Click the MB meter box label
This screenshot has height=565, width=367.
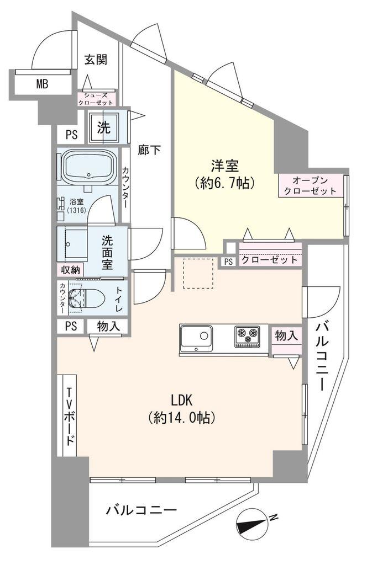[42, 84]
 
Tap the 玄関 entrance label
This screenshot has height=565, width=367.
[95, 60]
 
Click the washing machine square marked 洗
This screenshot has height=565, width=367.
[103, 127]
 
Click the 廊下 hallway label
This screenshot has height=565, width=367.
[149, 150]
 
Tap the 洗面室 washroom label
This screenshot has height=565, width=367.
[107, 252]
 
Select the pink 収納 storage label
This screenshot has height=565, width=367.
[70, 270]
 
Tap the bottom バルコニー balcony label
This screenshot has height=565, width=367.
[141, 509]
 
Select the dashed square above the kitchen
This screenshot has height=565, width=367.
[198, 274]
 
